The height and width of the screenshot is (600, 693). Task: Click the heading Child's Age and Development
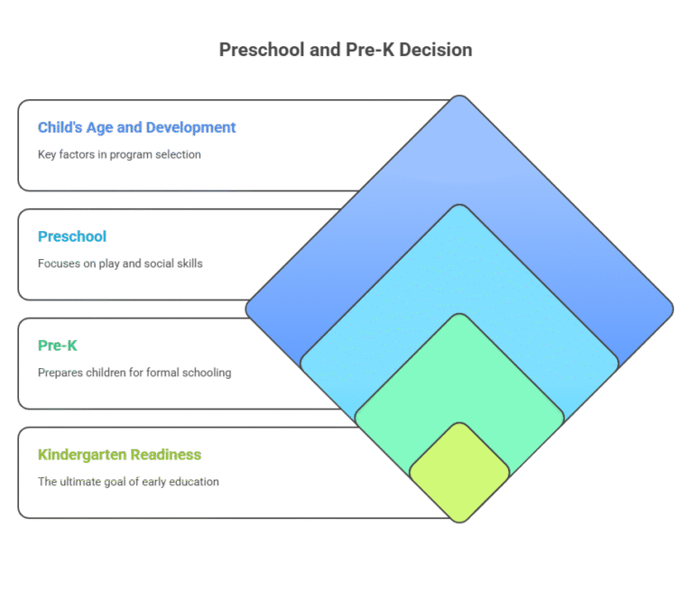(x=136, y=127)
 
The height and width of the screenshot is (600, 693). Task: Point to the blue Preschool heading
(x=72, y=236)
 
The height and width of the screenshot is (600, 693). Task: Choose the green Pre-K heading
(x=58, y=346)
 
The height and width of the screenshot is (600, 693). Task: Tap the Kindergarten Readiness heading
(x=119, y=455)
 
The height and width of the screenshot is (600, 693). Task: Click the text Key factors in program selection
(x=119, y=154)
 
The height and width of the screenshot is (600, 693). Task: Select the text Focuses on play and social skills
(x=120, y=263)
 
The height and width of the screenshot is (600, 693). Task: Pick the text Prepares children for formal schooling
(x=134, y=373)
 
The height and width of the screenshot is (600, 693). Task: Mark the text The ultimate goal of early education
(x=128, y=482)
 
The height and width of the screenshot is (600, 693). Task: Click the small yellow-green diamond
(x=459, y=472)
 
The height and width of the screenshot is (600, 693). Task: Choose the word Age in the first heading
(x=97, y=127)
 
